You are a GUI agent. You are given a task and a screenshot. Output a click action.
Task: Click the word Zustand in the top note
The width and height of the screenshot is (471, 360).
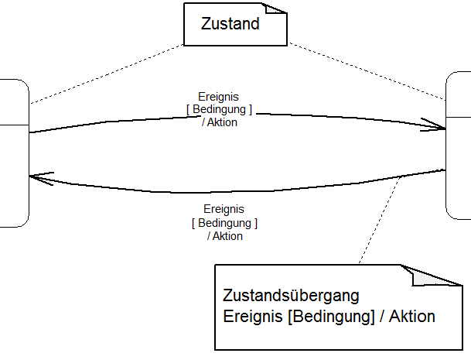click(x=230, y=23)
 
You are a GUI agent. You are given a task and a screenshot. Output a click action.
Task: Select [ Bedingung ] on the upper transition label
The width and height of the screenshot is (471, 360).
click(x=219, y=110)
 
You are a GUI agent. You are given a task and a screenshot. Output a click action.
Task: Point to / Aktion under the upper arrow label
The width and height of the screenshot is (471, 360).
click(x=219, y=122)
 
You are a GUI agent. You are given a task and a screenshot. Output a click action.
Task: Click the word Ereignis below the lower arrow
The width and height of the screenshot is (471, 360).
click(x=224, y=209)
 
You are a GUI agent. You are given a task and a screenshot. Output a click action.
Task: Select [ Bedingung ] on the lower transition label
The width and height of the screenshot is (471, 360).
click(x=224, y=222)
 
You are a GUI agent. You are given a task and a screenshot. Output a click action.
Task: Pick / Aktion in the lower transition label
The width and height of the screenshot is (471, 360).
click(x=224, y=235)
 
